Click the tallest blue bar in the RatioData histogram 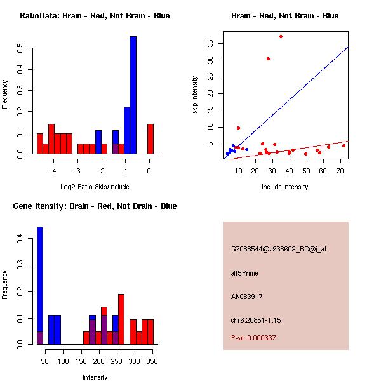(x=133, y=95)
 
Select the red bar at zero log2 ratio (x=150, y=139)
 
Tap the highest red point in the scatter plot (x=281, y=36)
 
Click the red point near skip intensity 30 (x=268, y=58)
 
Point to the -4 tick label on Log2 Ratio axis (x=53, y=171)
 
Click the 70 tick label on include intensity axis (x=340, y=171)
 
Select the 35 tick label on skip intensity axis (x=210, y=43)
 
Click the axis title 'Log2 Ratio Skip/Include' (x=95, y=187)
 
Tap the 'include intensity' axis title (x=284, y=187)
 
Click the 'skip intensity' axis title (x=195, y=95)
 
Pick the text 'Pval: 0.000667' (x=253, y=338)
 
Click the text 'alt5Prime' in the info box (x=244, y=273)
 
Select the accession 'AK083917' (x=246, y=297)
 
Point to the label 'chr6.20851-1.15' (x=256, y=320)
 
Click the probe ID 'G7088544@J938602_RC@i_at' (x=279, y=249)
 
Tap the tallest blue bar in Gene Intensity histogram (x=40, y=286)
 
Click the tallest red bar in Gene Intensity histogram (x=121, y=319)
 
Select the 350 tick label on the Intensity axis (x=152, y=361)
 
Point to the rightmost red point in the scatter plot (x=344, y=146)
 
